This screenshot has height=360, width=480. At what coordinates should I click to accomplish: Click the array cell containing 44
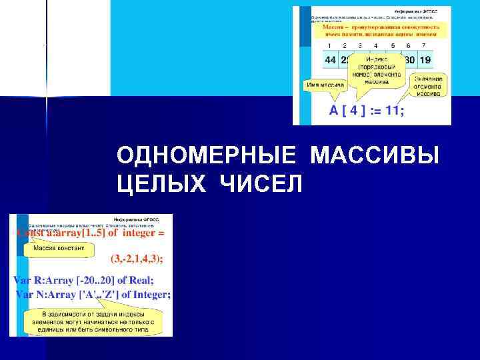[331, 59]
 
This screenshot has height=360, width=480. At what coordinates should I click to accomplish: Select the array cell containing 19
[425, 59]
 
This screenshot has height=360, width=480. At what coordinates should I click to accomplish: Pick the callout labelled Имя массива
[324, 85]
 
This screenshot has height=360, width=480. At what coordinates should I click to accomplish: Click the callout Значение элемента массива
[427, 86]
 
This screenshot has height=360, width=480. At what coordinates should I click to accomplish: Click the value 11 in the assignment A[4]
[393, 111]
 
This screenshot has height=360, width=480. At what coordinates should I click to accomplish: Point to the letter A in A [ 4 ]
[334, 111]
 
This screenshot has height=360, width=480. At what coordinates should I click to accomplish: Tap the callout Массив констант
[59, 248]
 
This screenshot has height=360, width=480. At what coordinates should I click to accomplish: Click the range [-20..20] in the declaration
[98, 281]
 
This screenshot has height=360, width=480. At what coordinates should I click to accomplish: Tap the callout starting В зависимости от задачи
[93, 321]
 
